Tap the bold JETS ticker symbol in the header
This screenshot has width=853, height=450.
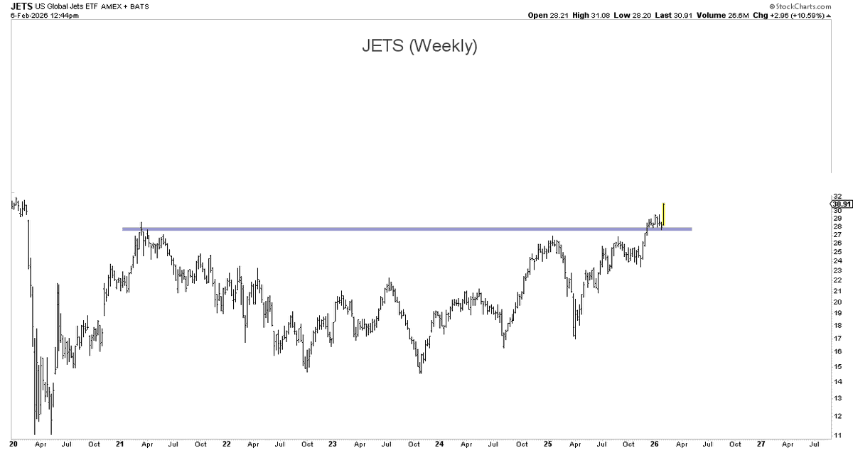21,6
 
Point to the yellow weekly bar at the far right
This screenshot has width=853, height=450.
663,214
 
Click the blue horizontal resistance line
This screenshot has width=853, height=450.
405,229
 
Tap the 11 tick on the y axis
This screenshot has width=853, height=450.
839,434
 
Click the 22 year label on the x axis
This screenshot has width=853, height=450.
226,444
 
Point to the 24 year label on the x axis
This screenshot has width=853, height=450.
440,444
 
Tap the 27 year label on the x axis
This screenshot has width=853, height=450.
760,444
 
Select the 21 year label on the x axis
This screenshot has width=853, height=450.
119,444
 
